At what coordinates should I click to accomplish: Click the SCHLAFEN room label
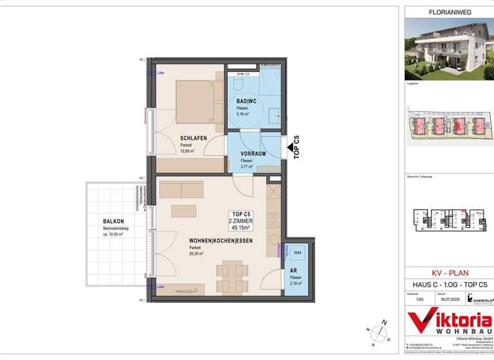194,138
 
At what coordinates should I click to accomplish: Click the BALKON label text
113,222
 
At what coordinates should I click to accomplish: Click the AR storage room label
293,271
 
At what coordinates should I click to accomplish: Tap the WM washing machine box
297,253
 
